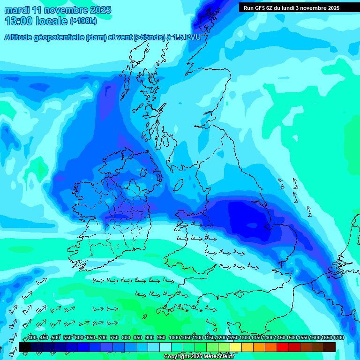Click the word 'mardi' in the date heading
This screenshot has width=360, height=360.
click(x=17, y=10)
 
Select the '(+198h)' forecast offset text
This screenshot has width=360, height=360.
click(x=83, y=21)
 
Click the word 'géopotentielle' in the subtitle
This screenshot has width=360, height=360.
click(x=60, y=38)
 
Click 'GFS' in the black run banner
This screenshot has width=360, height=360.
click(x=263, y=8)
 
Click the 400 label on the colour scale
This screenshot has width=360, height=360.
click(x=32, y=337)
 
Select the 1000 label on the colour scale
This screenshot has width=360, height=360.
click(x=174, y=337)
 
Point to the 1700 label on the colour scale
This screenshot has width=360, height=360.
click(x=338, y=337)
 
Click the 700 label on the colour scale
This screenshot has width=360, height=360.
click(x=103, y=337)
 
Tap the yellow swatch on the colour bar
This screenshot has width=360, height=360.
click(x=236, y=347)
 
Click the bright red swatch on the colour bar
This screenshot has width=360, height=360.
click(x=283, y=347)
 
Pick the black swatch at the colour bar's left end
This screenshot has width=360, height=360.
click(x=25, y=347)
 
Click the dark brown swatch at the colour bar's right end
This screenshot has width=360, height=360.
click(x=330, y=347)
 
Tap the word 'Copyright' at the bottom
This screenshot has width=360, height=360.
click(x=178, y=357)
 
